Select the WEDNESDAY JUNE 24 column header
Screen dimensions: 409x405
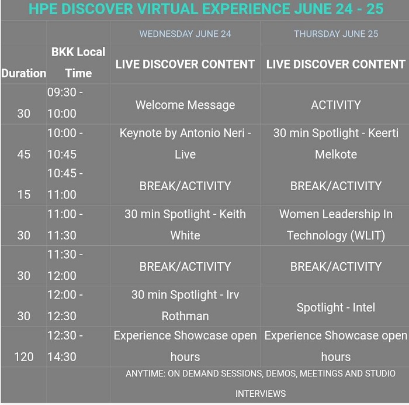tap(185, 34)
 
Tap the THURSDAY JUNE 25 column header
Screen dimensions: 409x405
tap(336, 34)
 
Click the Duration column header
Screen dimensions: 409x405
tap(24, 73)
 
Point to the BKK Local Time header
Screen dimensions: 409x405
tap(78, 63)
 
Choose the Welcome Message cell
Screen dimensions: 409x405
tap(185, 105)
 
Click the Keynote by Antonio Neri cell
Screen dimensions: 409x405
tap(185, 143)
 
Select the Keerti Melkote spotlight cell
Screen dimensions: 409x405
tap(336, 143)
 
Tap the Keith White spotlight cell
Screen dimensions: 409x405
tap(185, 225)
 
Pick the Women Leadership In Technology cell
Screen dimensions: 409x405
tap(336, 225)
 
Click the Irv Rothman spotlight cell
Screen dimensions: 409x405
tap(185, 305)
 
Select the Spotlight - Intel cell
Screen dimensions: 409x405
tap(336, 307)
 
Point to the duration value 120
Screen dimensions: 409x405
tap(24, 356)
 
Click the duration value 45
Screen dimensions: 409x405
tap(24, 154)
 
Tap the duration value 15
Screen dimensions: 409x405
tap(24, 195)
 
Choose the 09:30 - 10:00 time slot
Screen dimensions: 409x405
tap(65, 102)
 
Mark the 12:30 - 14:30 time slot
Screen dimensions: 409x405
tap(65, 346)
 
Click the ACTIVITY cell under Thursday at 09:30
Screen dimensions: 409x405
tap(336, 105)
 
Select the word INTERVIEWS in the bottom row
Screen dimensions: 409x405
tap(261, 393)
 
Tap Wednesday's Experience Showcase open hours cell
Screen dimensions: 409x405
tap(185, 346)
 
